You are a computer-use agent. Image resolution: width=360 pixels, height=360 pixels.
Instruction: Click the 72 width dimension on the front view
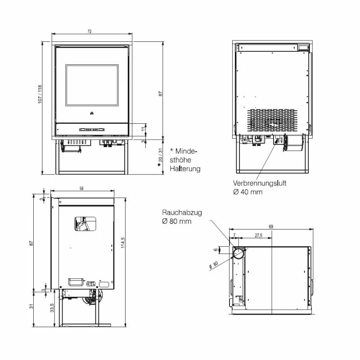90,31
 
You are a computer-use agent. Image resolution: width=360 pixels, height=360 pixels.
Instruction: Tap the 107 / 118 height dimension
40,94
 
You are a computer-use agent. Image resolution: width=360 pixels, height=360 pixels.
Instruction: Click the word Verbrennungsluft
260,183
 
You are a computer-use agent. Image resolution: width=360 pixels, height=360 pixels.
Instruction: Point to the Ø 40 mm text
247,192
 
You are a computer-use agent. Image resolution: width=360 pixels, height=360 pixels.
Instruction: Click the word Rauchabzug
182,212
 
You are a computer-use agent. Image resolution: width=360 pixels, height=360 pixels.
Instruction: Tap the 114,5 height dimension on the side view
123,243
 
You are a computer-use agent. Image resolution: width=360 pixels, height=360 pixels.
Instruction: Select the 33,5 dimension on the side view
52,308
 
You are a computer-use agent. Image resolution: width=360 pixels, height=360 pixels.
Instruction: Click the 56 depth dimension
81,188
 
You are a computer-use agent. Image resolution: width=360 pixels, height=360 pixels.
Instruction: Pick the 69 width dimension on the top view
271,227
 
